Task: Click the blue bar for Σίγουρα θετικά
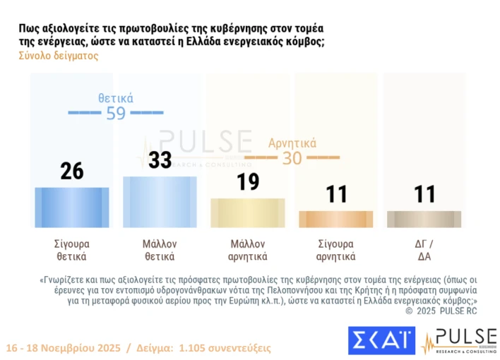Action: [71, 207]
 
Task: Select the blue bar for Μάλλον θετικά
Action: [160, 201]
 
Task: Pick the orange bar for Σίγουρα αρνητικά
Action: [335, 219]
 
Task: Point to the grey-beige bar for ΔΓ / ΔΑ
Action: [424, 219]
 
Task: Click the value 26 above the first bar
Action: [71, 172]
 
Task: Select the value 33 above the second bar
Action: [160, 160]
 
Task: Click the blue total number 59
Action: [116, 113]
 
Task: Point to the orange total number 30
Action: [292, 158]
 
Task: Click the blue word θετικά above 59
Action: [116, 98]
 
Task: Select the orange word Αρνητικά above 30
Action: [292, 143]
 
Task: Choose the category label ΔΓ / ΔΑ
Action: [424, 250]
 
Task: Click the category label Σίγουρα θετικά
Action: [71, 250]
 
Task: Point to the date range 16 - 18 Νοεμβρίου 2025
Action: [62, 349]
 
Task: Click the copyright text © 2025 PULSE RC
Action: [441, 310]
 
